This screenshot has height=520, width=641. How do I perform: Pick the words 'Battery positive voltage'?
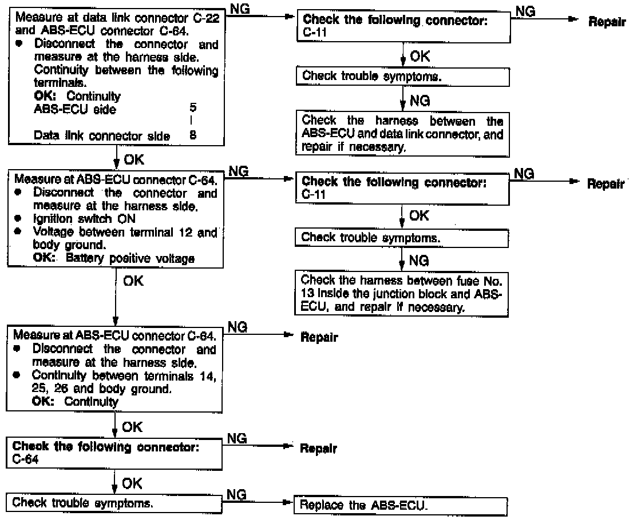130,258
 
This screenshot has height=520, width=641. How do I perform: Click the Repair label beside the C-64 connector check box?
319,449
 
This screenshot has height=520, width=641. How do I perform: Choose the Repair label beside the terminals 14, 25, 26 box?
319,337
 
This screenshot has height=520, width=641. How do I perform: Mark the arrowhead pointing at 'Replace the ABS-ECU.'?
287,505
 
